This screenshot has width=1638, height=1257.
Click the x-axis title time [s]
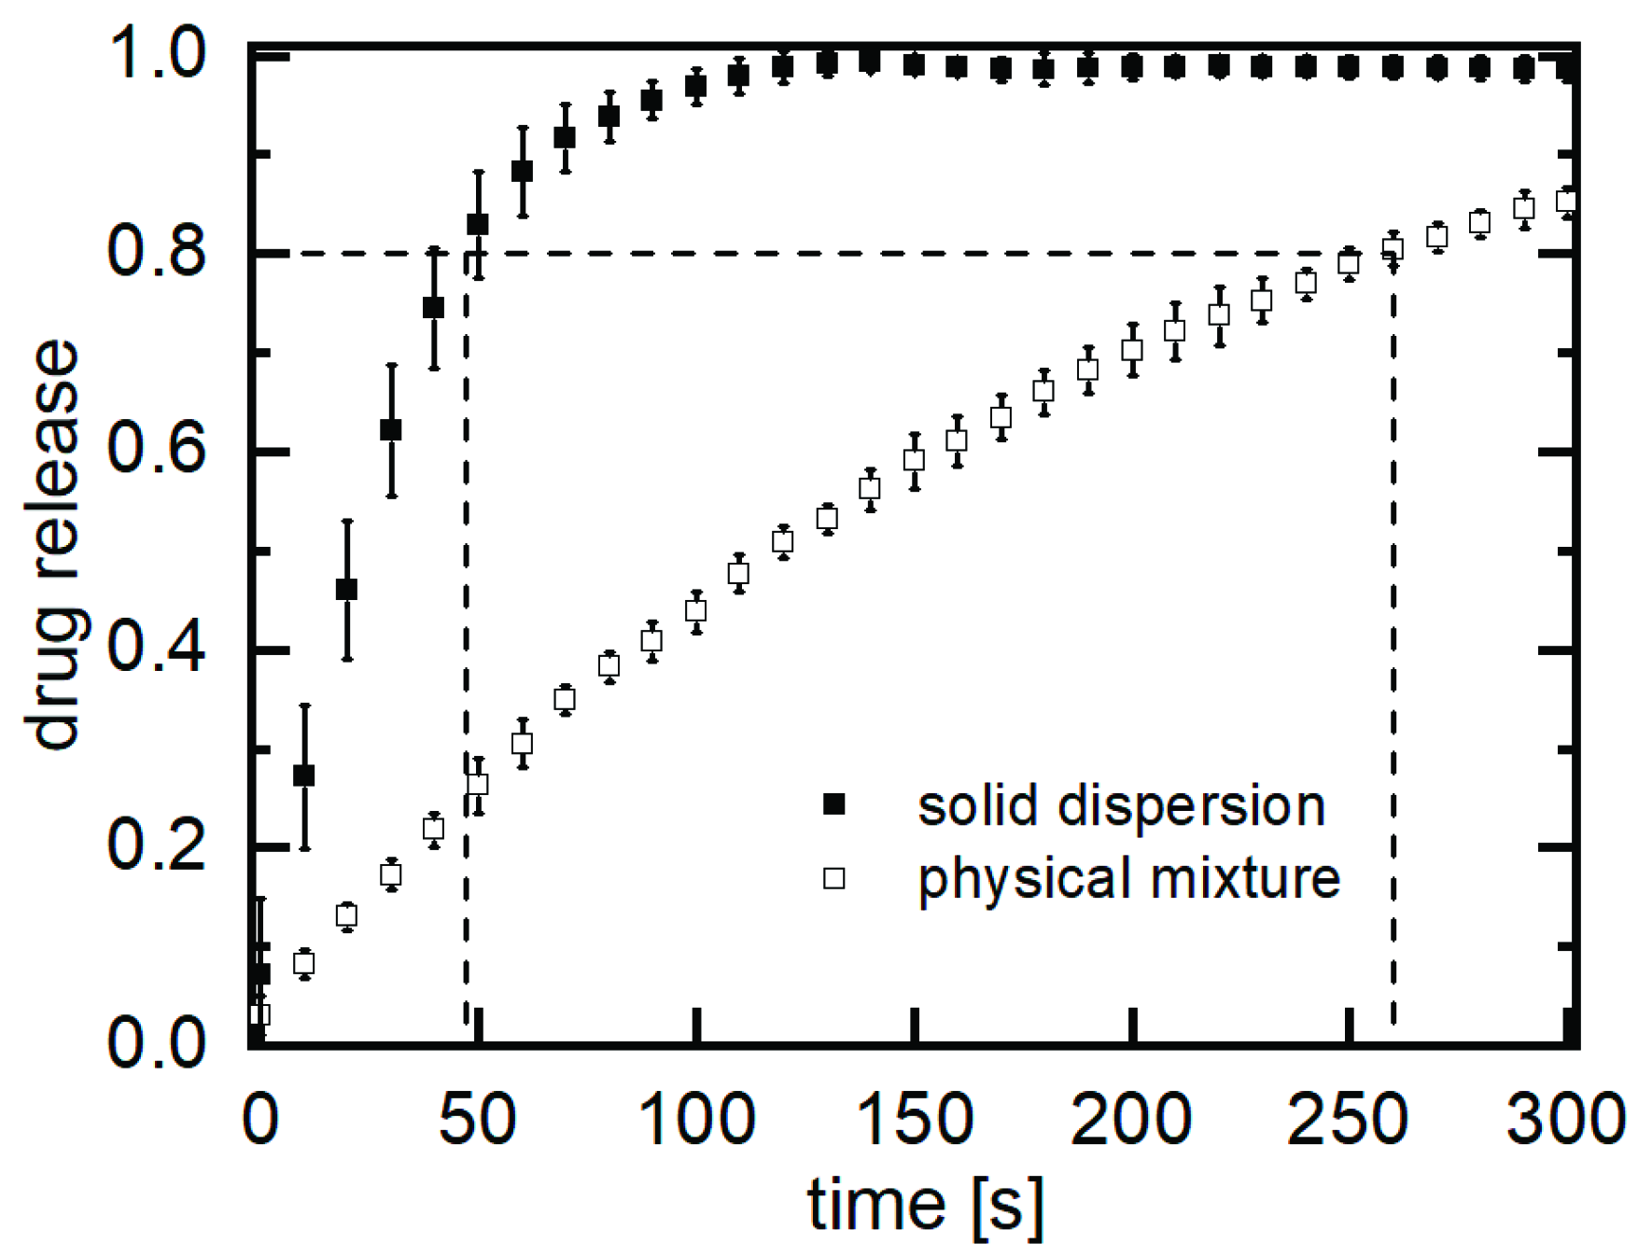click(925, 1205)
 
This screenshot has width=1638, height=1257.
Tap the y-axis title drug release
click(54, 544)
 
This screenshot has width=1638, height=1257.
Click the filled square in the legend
click(833, 804)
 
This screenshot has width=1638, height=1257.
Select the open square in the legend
click(833, 878)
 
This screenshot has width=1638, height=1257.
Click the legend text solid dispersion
click(1121, 805)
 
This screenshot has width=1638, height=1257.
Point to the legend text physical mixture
click(1128, 879)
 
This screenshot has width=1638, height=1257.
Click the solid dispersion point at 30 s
click(391, 429)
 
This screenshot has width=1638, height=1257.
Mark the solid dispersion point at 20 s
click(347, 590)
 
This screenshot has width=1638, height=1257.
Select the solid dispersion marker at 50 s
click(478, 224)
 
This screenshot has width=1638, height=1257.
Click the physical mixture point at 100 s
click(695, 610)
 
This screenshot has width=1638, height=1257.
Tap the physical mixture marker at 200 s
click(1132, 350)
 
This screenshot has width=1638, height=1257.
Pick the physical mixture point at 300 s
click(1566, 201)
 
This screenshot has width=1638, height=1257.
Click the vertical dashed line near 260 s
click(1393, 653)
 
